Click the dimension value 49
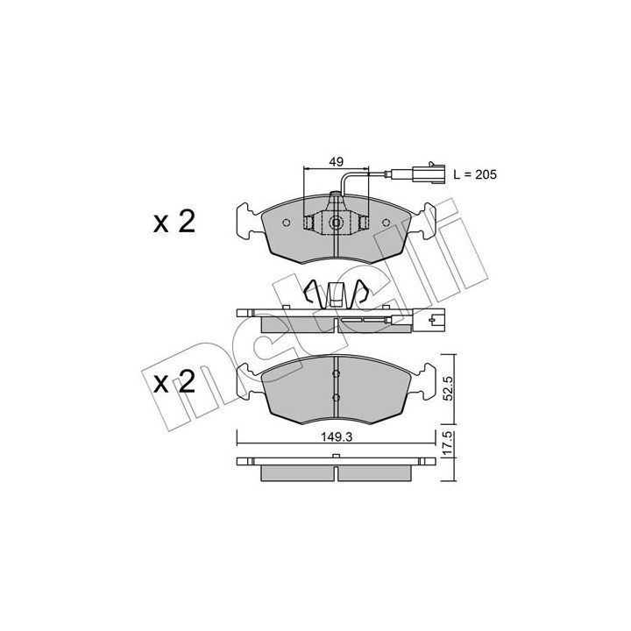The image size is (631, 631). pyautogui.click(x=336, y=162)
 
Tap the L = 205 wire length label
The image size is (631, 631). pyautogui.click(x=475, y=174)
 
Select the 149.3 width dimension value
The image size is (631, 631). pyautogui.click(x=337, y=437)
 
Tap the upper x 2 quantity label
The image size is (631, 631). pyautogui.click(x=174, y=222)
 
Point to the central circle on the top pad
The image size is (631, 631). pyautogui.click(x=335, y=222)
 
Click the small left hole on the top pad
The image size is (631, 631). pyautogui.click(x=286, y=223)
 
